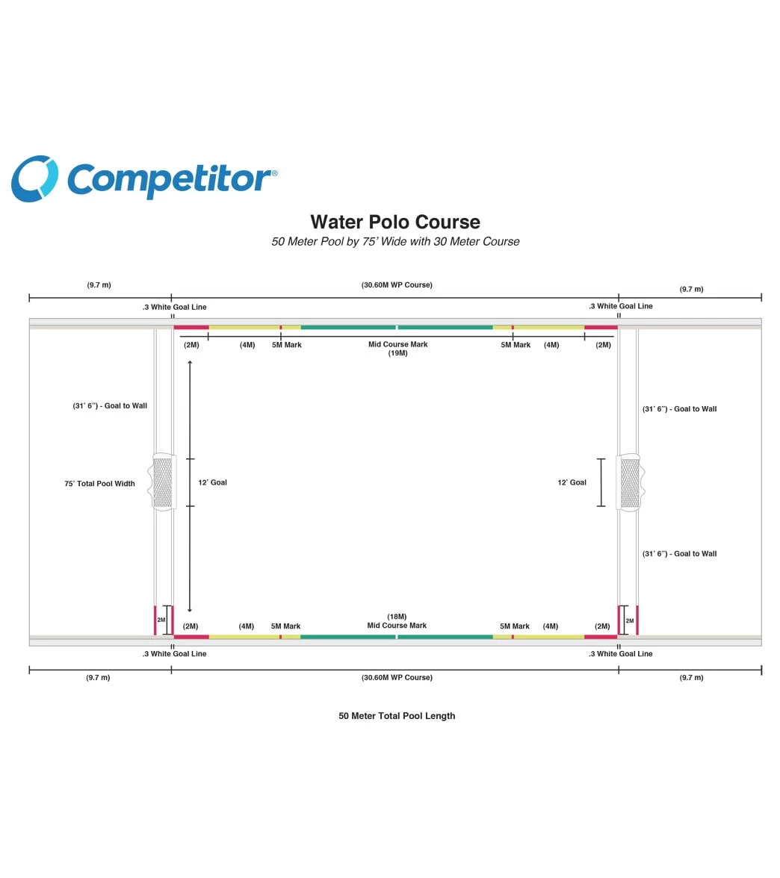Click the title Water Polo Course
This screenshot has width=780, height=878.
pos(395,222)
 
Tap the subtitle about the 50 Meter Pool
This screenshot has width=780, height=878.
pos(395,242)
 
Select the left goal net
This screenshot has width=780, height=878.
pos(163,482)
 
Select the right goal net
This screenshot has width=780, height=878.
pos(631,482)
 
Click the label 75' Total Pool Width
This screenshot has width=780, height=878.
pos(100,484)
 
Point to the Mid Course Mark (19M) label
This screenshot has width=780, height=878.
pos(397,349)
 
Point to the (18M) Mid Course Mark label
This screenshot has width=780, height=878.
pos(397,621)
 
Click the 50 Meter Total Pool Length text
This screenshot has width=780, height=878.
pos(397,716)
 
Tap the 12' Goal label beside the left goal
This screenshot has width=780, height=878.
pos(212,482)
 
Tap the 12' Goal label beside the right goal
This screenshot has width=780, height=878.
pos(572,482)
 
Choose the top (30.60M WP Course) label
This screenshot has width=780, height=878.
pos(397,285)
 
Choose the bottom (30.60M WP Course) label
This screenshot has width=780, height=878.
pos(397,678)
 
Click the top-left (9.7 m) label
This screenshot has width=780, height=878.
pos(99,285)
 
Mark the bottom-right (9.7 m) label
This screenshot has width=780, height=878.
pos(692,678)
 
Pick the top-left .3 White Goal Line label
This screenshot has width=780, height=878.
pos(174,308)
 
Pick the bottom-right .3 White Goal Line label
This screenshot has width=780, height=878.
pos(621,654)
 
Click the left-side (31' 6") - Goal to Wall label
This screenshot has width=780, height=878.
pos(110,406)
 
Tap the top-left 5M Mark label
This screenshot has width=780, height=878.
pos(287,345)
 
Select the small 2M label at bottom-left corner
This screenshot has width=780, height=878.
pos(161,620)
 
